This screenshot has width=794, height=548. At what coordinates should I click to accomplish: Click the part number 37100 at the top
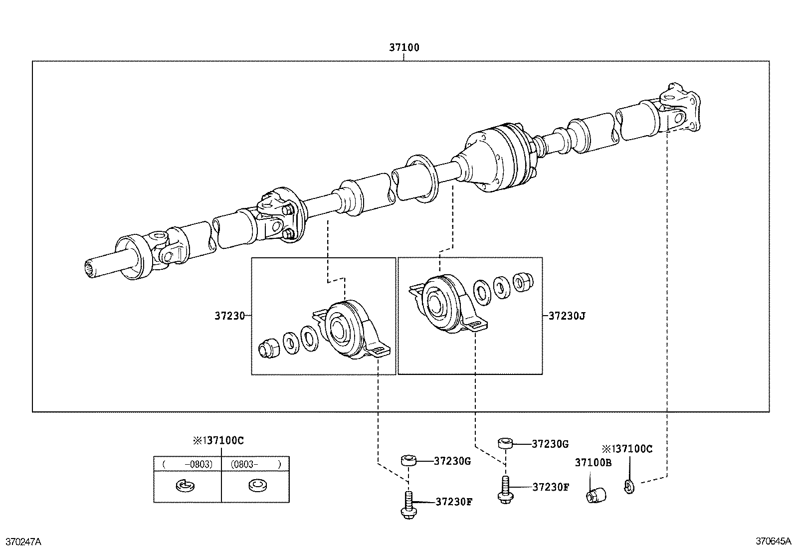404,48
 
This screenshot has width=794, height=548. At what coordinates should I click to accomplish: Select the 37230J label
567,316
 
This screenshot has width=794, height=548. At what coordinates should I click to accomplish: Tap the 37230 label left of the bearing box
230,316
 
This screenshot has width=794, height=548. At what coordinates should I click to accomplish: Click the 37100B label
593,463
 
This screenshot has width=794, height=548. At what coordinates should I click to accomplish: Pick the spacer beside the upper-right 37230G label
505,443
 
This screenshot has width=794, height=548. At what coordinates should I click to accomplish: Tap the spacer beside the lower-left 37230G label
408,460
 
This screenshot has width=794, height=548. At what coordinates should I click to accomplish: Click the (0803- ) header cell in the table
255,464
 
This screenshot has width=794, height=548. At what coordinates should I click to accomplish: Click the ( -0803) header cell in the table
187,464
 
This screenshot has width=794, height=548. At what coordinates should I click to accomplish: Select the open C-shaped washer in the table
187,485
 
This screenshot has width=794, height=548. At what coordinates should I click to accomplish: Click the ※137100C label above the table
218,441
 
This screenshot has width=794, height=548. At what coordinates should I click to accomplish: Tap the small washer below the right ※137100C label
629,485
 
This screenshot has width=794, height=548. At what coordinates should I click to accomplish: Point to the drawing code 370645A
773,541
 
